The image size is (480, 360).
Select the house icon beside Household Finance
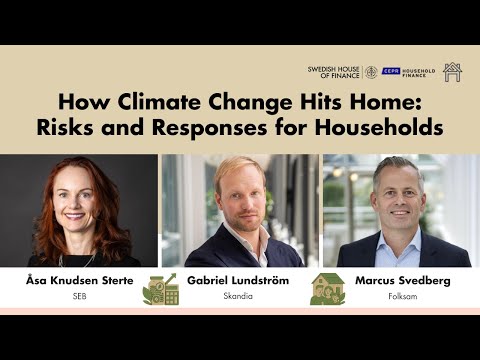(452, 72)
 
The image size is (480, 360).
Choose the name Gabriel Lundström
(238, 281)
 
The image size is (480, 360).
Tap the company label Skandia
(238, 297)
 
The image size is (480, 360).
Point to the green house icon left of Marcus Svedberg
(327, 288)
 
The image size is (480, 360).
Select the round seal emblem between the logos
(370, 72)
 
